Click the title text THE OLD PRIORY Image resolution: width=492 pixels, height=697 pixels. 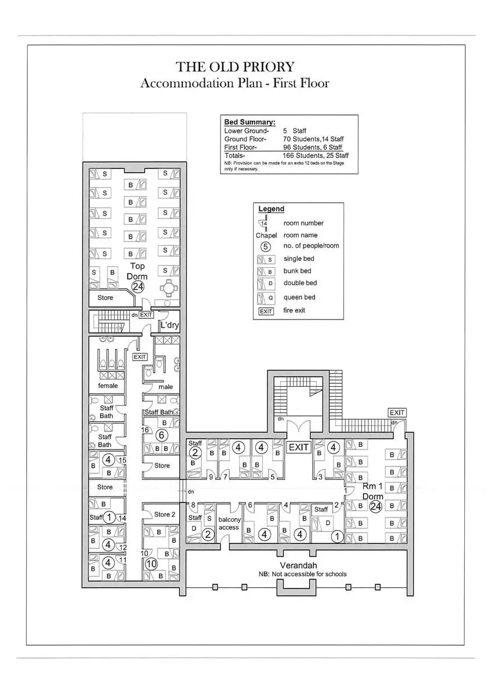coord(235,67)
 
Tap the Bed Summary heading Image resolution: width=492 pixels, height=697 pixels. coord(249,123)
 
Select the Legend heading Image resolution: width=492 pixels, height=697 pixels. coord(271,209)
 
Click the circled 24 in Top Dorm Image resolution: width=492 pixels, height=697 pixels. coord(138,286)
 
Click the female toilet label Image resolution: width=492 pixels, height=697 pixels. coord(108,386)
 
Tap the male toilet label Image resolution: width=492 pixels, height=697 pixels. coord(166,387)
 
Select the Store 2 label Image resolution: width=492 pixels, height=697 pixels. coord(164,514)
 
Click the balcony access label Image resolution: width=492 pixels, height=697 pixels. coord(229,523)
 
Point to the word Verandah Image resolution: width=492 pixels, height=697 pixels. coord(298,565)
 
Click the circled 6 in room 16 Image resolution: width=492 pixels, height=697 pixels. coord(162,435)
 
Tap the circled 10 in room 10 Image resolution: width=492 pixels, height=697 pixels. coord(151,564)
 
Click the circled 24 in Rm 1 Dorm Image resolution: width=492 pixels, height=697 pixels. coord(375,506)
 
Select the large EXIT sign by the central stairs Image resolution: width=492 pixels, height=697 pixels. coord(299,448)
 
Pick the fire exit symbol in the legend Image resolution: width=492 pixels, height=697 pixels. coord(266,311)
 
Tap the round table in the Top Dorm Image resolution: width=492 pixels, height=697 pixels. coord(169,287)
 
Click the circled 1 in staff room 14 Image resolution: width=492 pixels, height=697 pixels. coord(110,517)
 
